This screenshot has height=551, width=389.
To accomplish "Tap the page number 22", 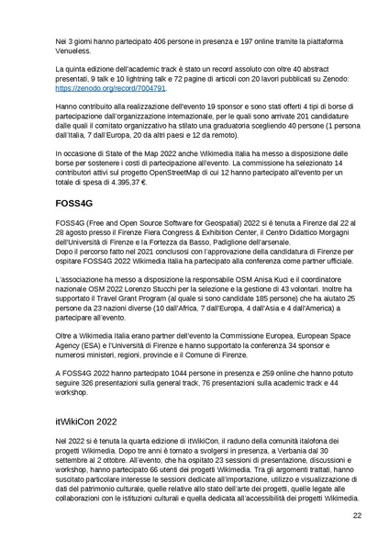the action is pyautogui.click(x=357, y=517).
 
